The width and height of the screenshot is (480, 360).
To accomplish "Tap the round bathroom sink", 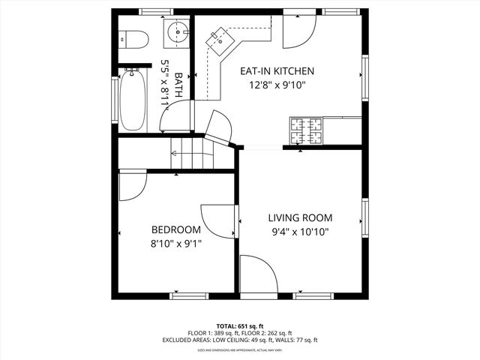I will [177, 31].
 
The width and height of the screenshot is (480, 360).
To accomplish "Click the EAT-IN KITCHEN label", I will [277, 71].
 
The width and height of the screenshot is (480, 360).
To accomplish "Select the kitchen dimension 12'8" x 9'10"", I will [277, 85].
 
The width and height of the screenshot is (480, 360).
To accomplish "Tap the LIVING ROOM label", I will [300, 217].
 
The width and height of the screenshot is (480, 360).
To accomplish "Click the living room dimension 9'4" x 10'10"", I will [300, 232].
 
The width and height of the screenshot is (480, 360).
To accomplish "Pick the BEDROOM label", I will [175, 229].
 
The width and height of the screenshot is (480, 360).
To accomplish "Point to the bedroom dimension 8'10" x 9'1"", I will [175, 243].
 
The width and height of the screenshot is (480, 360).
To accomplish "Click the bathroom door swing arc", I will [174, 117].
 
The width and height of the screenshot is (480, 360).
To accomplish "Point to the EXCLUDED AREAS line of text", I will [240, 340].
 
